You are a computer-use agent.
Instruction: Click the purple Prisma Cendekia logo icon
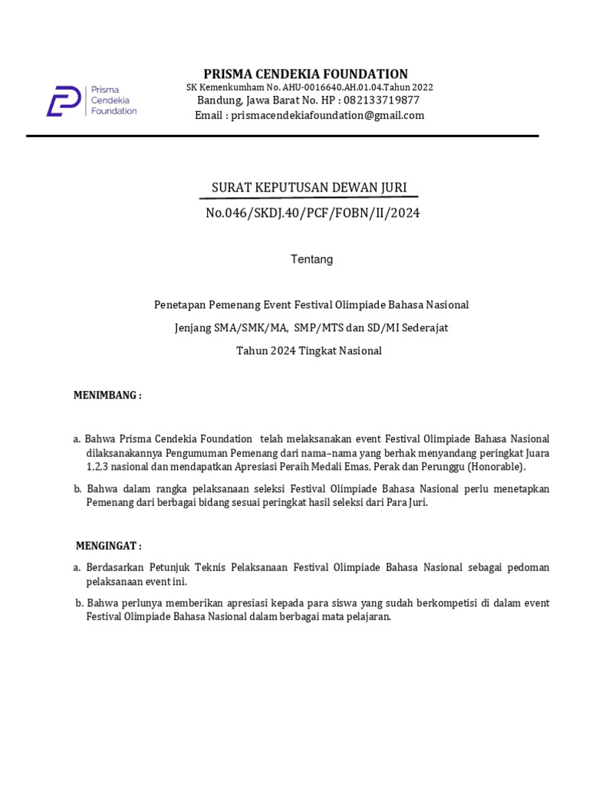tap(64, 101)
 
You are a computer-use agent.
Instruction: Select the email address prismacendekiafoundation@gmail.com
tap(327, 116)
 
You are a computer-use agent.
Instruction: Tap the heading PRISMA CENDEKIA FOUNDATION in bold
tap(305, 74)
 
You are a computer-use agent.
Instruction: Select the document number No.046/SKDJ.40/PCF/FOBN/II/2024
tap(312, 213)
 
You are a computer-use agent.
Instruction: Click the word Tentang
tap(311, 259)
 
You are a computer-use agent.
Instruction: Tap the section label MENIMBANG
tap(107, 396)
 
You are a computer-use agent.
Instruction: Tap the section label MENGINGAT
tap(108, 546)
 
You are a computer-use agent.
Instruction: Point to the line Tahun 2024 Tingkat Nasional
tap(308, 351)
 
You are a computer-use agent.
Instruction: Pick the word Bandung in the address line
tap(217, 100)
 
